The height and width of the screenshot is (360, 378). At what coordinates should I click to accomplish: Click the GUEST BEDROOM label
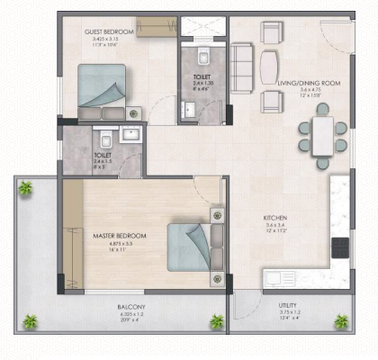click(109, 31)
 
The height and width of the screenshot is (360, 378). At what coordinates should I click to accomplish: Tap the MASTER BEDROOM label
click(120, 236)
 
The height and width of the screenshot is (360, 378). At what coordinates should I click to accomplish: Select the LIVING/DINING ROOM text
click(309, 83)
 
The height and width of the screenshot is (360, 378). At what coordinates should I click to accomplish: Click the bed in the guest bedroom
click(102, 90)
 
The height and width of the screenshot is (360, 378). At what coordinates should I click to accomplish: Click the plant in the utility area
click(341, 320)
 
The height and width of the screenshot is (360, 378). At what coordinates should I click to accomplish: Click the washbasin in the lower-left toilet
click(130, 136)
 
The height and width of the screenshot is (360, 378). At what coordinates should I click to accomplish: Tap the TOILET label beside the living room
click(202, 77)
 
